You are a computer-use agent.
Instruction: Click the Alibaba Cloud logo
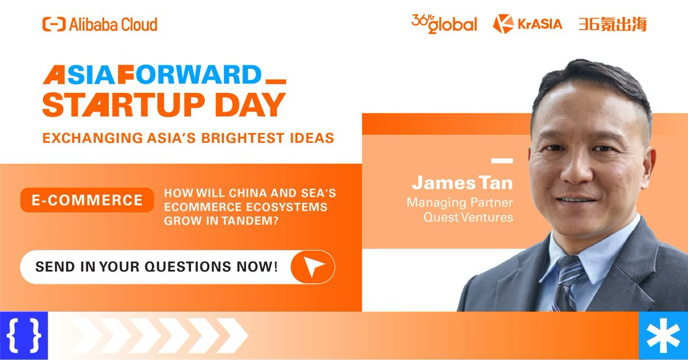(100, 24)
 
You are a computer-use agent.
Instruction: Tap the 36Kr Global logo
(444, 24)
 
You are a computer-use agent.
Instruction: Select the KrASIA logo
(528, 24)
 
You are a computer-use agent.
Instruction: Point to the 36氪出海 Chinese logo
(612, 24)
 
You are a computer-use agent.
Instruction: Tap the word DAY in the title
(252, 105)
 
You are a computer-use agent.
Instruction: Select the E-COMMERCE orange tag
(87, 200)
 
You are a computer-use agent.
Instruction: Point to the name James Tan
(462, 183)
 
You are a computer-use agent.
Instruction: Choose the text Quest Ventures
(468, 217)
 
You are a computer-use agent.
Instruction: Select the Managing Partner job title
(460, 203)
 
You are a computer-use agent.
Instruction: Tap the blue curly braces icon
(24, 335)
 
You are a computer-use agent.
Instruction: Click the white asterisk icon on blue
(663, 335)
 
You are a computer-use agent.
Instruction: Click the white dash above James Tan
(502, 161)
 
